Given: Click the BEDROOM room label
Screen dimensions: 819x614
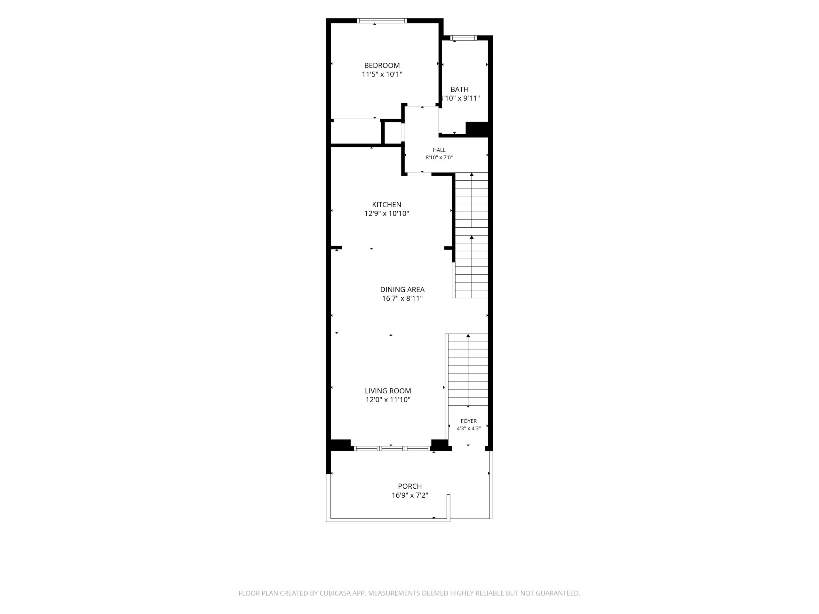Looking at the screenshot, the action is [x=382, y=66].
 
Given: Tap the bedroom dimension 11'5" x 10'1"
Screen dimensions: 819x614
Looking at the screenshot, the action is [x=382, y=75].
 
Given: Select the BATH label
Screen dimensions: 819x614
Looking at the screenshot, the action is [x=459, y=90].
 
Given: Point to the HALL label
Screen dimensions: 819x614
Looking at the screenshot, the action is [x=439, y=150].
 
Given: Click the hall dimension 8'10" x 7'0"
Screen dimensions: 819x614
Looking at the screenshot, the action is [x=439, y=157].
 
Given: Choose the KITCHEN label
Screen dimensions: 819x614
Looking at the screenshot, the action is [x=386, y=205].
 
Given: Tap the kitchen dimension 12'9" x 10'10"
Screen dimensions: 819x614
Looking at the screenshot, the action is [x=386, y=214].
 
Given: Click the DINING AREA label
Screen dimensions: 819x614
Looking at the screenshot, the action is [x=402, y=290].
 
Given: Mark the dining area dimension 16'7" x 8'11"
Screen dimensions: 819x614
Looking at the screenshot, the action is [x=402, y=299].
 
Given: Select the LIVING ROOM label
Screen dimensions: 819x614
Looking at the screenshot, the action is [x=388, y=391].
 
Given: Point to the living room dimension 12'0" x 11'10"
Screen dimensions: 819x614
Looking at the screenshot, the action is [x=388, y=400].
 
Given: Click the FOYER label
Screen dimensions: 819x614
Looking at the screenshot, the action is [x=469, y=421].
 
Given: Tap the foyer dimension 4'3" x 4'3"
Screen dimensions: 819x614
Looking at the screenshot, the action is [x=469, y=429].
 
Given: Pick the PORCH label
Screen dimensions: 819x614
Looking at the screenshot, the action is [x=410, y=486].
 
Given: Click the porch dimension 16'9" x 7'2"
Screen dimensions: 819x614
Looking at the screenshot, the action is [x=410, y=495].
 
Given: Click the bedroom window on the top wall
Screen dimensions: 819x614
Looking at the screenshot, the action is [x=382, y=21].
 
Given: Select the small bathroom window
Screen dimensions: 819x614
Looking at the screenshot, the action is [x=464, y=37].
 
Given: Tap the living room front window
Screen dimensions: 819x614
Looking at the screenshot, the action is [x=392, y=449].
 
